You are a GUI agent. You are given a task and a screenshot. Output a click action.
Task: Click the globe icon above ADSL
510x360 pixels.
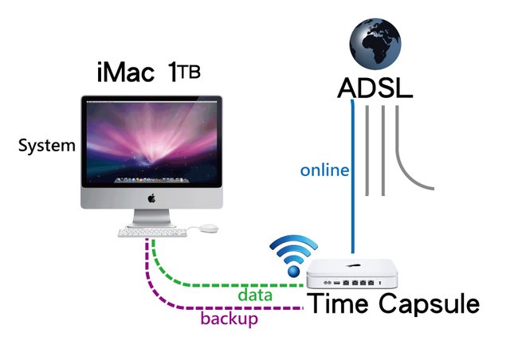375,44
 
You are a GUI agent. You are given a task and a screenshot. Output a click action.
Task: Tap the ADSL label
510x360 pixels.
375,88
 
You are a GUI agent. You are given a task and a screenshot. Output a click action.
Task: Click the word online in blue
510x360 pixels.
324,170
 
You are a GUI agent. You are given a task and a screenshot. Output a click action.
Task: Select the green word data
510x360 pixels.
255,295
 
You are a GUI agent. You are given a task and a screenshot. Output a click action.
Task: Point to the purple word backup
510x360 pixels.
229,319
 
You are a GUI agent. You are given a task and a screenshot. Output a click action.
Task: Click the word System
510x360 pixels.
46,146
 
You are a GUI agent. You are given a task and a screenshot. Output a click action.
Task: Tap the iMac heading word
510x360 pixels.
125,72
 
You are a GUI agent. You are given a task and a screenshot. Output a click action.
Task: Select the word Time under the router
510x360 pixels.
339,303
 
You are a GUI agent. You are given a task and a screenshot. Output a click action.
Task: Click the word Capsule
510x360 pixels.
429,304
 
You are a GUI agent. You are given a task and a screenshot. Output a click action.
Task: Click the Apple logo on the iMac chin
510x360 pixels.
151,198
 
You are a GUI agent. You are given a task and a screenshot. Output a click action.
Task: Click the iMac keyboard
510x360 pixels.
152,233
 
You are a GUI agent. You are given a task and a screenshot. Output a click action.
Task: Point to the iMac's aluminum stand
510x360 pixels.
152,218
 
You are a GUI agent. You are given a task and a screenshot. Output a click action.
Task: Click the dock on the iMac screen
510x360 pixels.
151,180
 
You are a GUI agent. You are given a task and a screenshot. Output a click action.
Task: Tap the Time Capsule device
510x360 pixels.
352,274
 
